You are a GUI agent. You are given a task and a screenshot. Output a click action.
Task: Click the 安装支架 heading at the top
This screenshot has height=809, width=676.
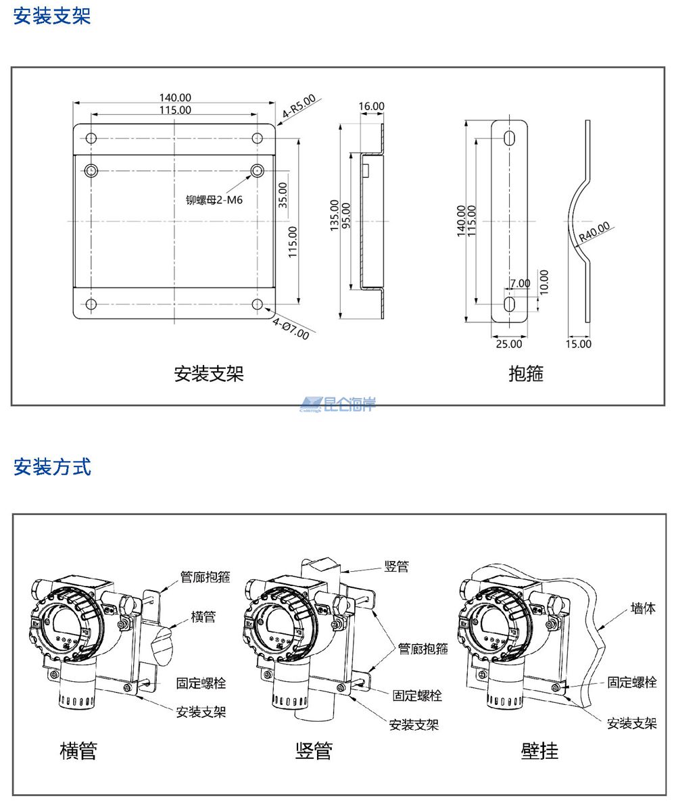(x=52, y=16)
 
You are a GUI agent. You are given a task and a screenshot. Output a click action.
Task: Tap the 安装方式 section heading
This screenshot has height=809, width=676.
(x=52, y=466)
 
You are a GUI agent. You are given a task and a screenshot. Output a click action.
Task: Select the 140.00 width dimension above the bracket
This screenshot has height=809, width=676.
(x=174, y=98)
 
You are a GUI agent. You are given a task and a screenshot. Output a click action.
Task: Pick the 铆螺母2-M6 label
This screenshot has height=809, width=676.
(x=214, y=200)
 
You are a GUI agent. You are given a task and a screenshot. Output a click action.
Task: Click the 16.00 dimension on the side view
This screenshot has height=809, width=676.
(x=371, y=106)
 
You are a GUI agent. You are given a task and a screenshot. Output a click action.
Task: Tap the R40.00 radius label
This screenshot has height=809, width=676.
(x=594, y=231)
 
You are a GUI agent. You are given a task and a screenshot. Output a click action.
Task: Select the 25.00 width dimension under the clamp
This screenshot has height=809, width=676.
(x=509, y=343)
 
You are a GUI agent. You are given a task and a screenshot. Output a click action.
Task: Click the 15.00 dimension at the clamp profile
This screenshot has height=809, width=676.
(x=578, y=343)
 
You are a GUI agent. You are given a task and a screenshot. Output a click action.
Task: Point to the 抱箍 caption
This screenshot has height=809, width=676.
(x=526, y=373)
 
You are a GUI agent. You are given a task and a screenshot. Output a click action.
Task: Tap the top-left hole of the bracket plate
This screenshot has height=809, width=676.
(x=91, y=139)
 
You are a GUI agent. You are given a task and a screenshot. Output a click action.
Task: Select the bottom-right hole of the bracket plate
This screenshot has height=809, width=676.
(x=257, y=304)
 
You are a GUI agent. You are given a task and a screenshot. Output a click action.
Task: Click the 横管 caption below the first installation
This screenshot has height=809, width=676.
(x=78, y=750)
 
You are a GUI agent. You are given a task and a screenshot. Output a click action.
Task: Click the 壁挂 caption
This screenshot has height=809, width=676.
(x=539, y=750)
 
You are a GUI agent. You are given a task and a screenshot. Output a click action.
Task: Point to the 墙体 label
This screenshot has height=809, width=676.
(x=643, y=608)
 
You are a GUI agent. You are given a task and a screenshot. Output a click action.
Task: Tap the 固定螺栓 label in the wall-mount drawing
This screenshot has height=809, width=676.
(x=631, y=682)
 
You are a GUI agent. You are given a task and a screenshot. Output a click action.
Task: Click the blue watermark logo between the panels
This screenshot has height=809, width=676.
(x=338, y=404)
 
